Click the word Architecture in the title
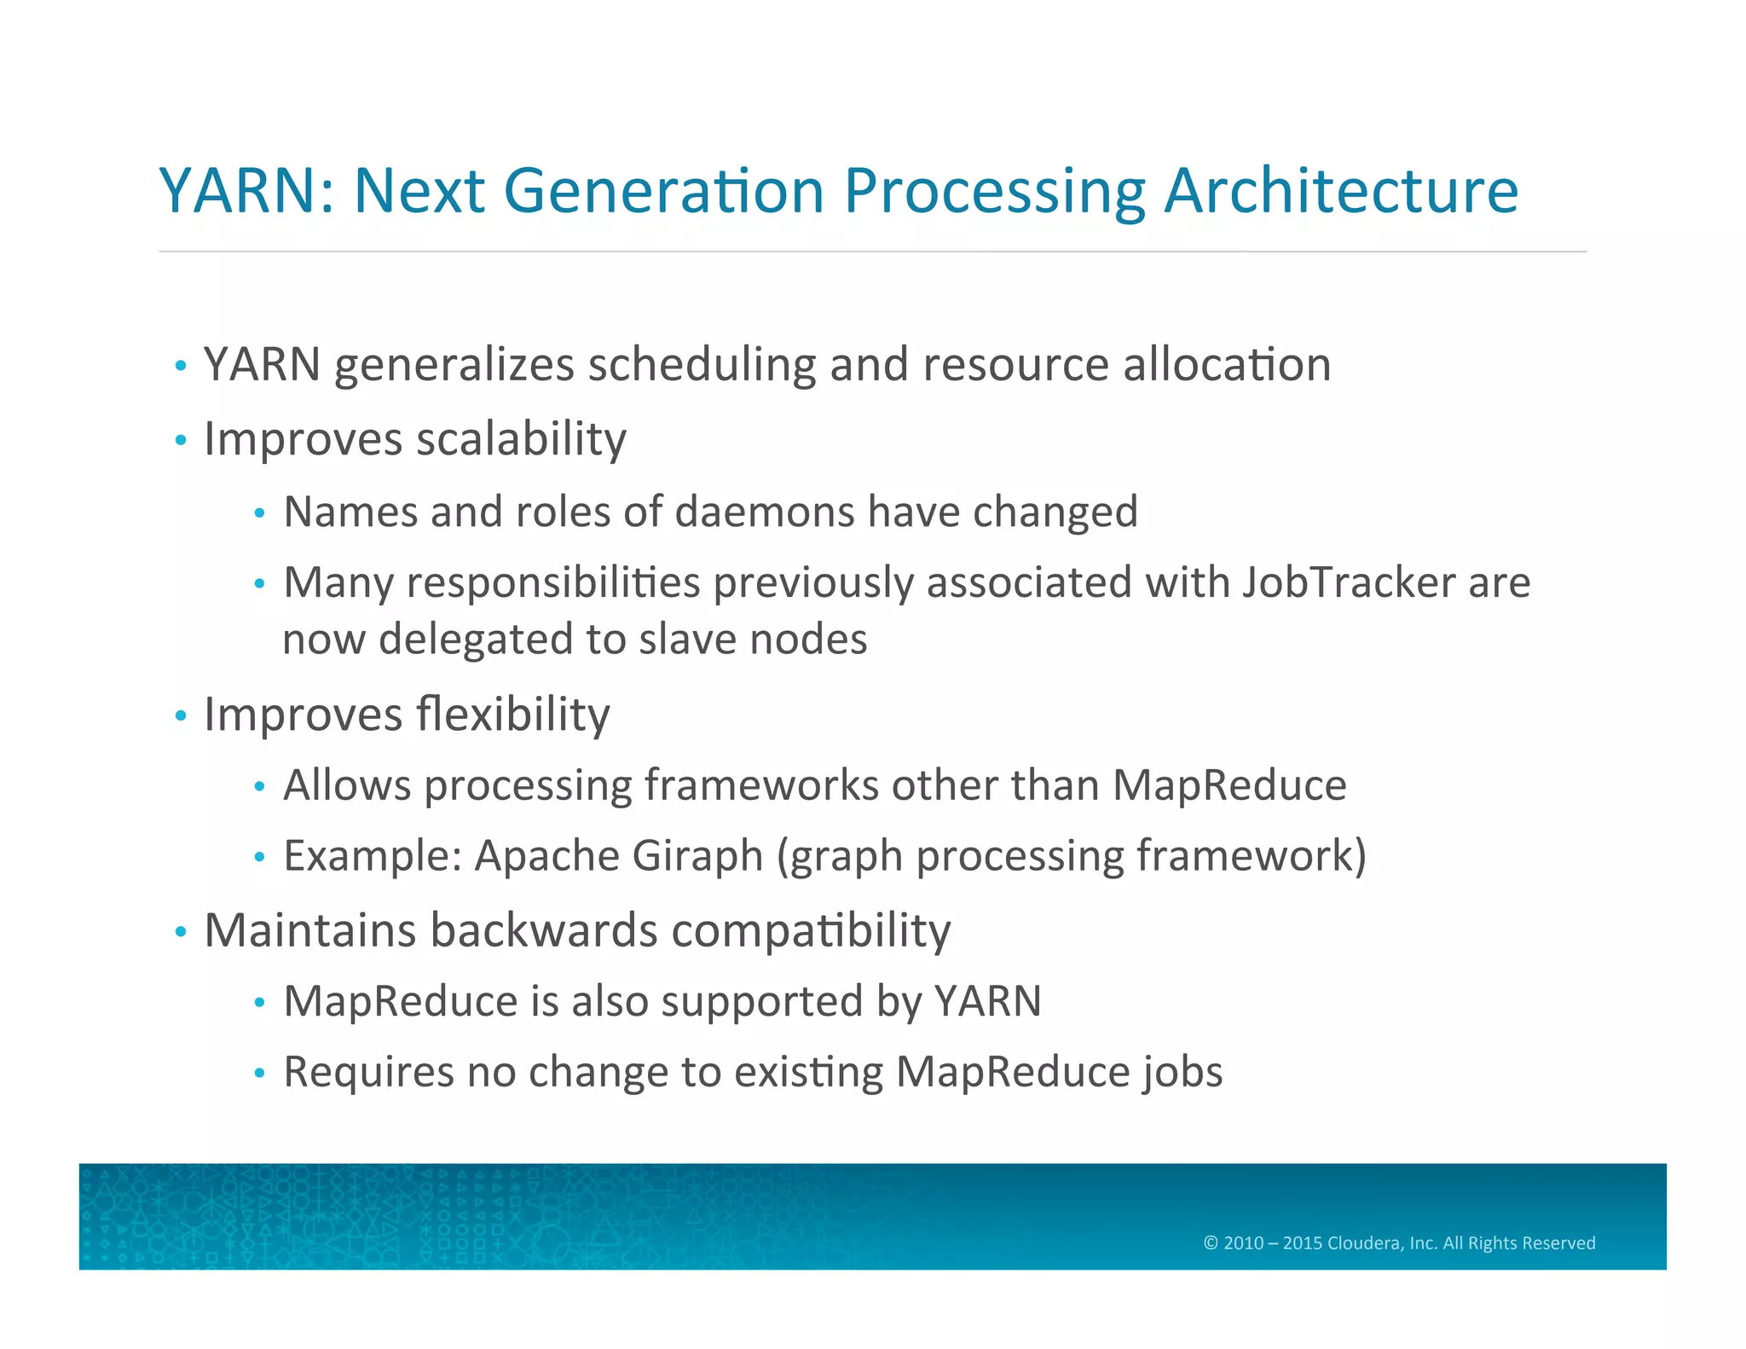point(1341,190)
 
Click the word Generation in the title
point(663,190)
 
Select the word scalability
point(521,440)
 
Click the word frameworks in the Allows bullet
point(761,785)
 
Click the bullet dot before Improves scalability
point(180,441)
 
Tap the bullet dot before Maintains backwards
point(180,932)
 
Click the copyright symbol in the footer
point(1211,1243)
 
